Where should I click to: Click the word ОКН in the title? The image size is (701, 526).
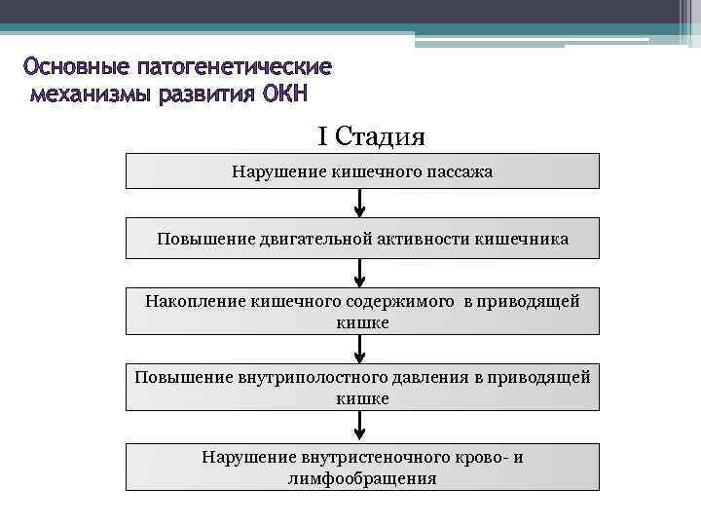pos(283,95)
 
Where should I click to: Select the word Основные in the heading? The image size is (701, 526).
pos(77,68)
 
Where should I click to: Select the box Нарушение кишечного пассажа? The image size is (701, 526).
pos(362,171)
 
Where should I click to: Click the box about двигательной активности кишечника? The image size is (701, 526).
pos(362,239)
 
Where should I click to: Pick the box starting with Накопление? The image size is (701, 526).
pos(362,311)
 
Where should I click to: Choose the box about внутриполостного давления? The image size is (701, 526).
pos(362,387)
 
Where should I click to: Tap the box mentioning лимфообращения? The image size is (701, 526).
pos(362,467)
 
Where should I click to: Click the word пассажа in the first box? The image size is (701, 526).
pos(460,171)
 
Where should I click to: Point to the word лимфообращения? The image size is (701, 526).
pos(362,478)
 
